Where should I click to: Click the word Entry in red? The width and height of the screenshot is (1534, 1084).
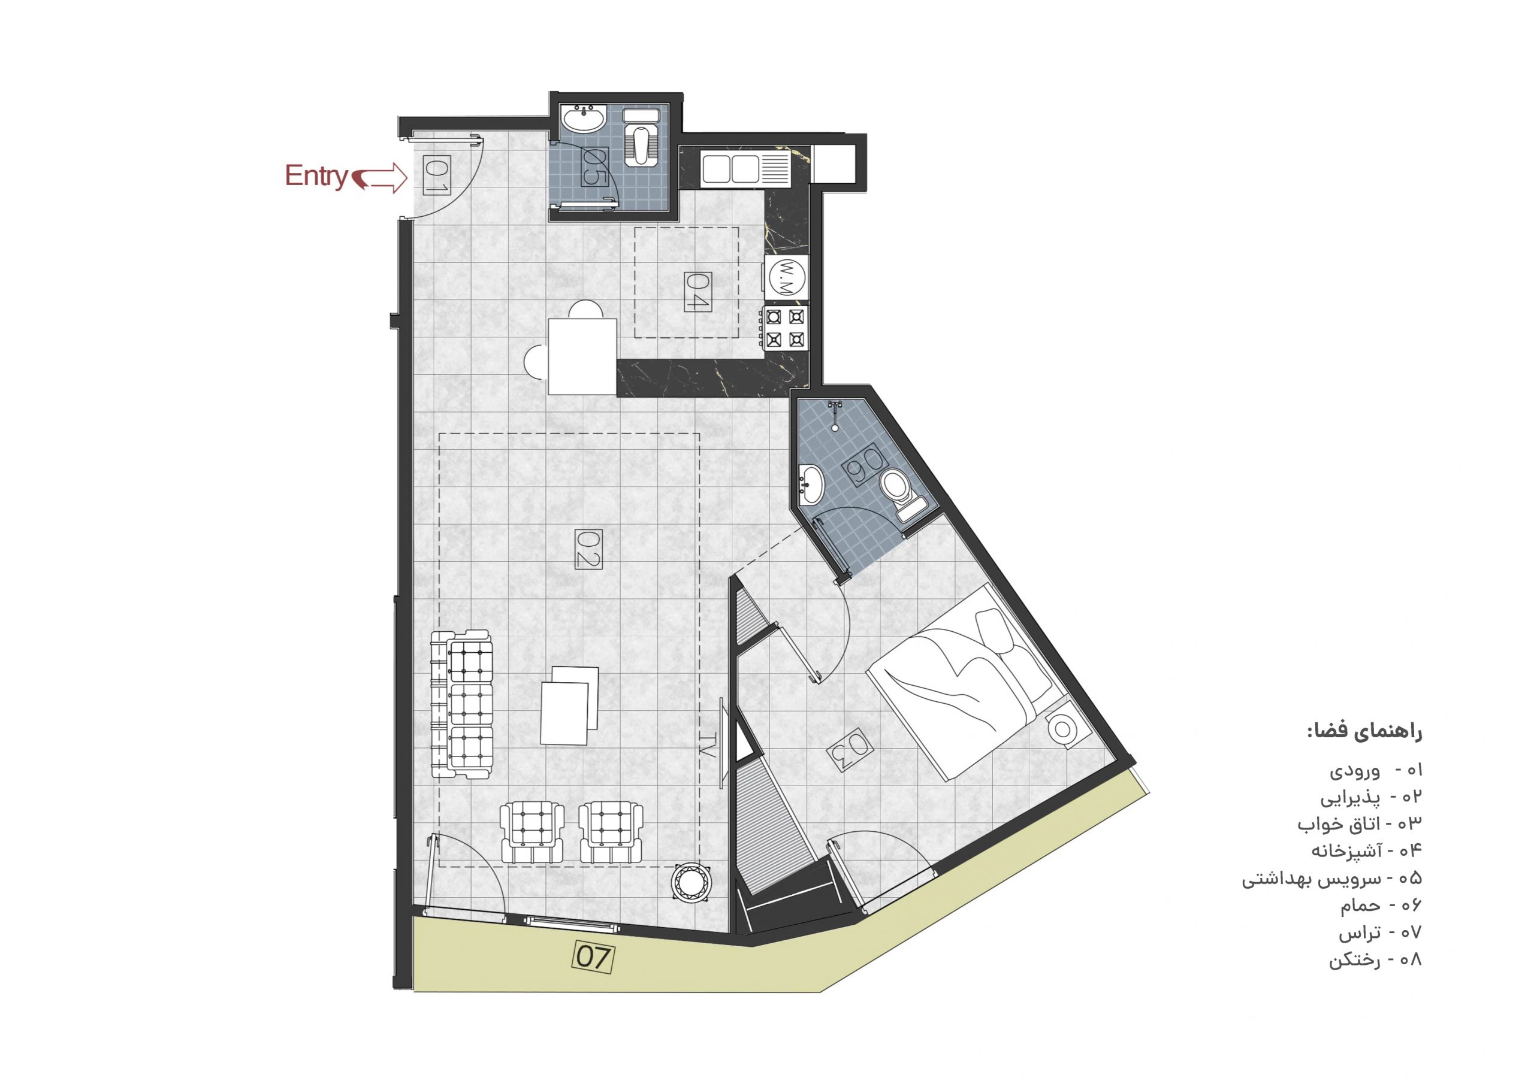click(x=316, y=175)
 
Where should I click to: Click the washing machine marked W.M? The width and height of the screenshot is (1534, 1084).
click(x=786, y=277)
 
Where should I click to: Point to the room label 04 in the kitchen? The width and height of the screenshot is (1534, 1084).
click(x=697, y=292)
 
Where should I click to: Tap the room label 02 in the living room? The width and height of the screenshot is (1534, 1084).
click(x=588, y=549)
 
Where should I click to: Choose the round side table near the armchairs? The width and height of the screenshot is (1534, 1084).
click(x=690, y=883)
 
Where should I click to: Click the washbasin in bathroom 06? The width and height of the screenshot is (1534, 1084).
click(x=811, y=483)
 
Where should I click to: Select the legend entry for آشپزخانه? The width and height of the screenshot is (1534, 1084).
click(x=1367, y=850)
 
